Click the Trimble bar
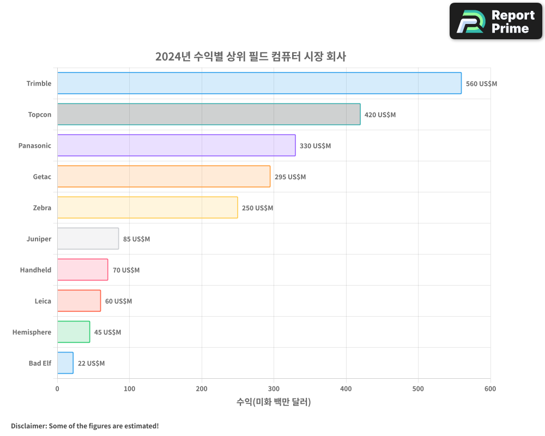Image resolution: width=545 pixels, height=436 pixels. click(x=259, y=83)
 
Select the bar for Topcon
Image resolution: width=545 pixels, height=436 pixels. click(x=209, y=114)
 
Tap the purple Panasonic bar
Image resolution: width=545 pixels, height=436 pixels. click(x=176, y=146)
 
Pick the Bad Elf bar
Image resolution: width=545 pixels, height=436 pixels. click(x=65, y=363)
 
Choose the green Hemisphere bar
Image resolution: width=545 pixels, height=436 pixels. click(x=74, y=332)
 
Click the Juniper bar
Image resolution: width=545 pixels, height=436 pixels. click(x=88, y=239)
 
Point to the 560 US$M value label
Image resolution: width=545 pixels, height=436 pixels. click(x=481, y=84)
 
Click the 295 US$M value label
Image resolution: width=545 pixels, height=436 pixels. click(x=290, y=177)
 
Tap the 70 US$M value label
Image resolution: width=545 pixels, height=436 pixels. click(x=126, y=270)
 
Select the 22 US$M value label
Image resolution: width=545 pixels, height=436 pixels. click(x=91, y=364)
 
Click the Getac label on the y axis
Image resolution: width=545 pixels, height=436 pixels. click(x=42, y=177)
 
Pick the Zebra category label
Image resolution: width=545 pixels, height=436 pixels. click(x=42, y=208)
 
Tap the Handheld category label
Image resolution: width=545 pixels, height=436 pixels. click(x=35, y=270)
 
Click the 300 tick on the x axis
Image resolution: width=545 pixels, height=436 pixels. click(x=274, y=389)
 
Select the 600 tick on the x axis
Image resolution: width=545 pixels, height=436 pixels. click(x=490, y=389)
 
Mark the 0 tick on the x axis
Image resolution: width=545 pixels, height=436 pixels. click(x=57, y=389)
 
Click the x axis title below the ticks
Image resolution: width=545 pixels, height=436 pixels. click(x=274, y=402)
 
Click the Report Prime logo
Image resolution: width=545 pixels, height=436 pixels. click(x=495, y=21)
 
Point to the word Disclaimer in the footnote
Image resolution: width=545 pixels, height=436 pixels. click(x=28, y=426)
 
